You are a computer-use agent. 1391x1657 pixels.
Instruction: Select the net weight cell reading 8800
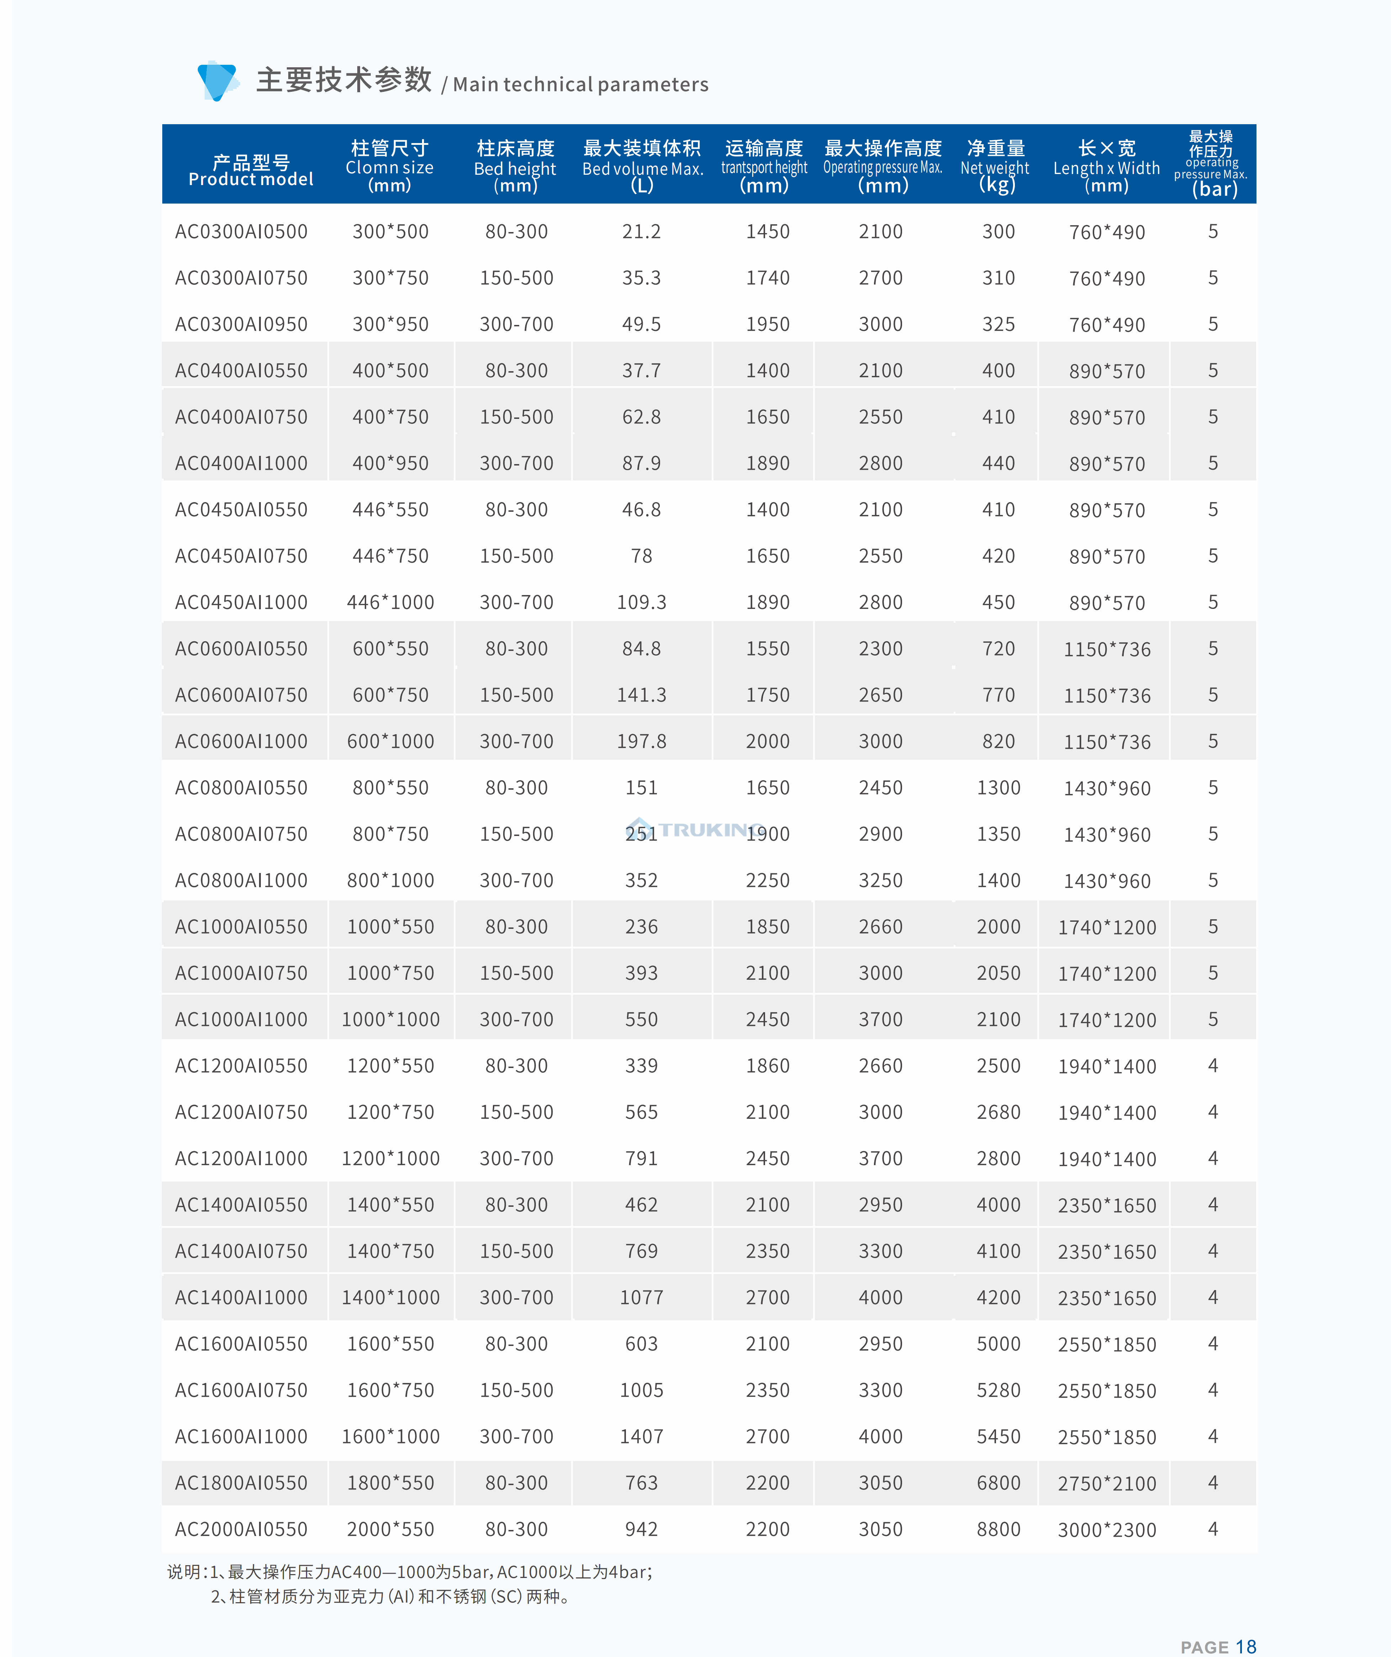[x=998, y=1529]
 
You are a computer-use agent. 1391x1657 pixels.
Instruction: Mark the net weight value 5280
[x=998, y=1390]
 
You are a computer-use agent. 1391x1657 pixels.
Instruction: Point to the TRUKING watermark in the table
[x=694, y=829]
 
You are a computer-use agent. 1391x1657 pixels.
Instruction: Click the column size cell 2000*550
[x=391, y=1529]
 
